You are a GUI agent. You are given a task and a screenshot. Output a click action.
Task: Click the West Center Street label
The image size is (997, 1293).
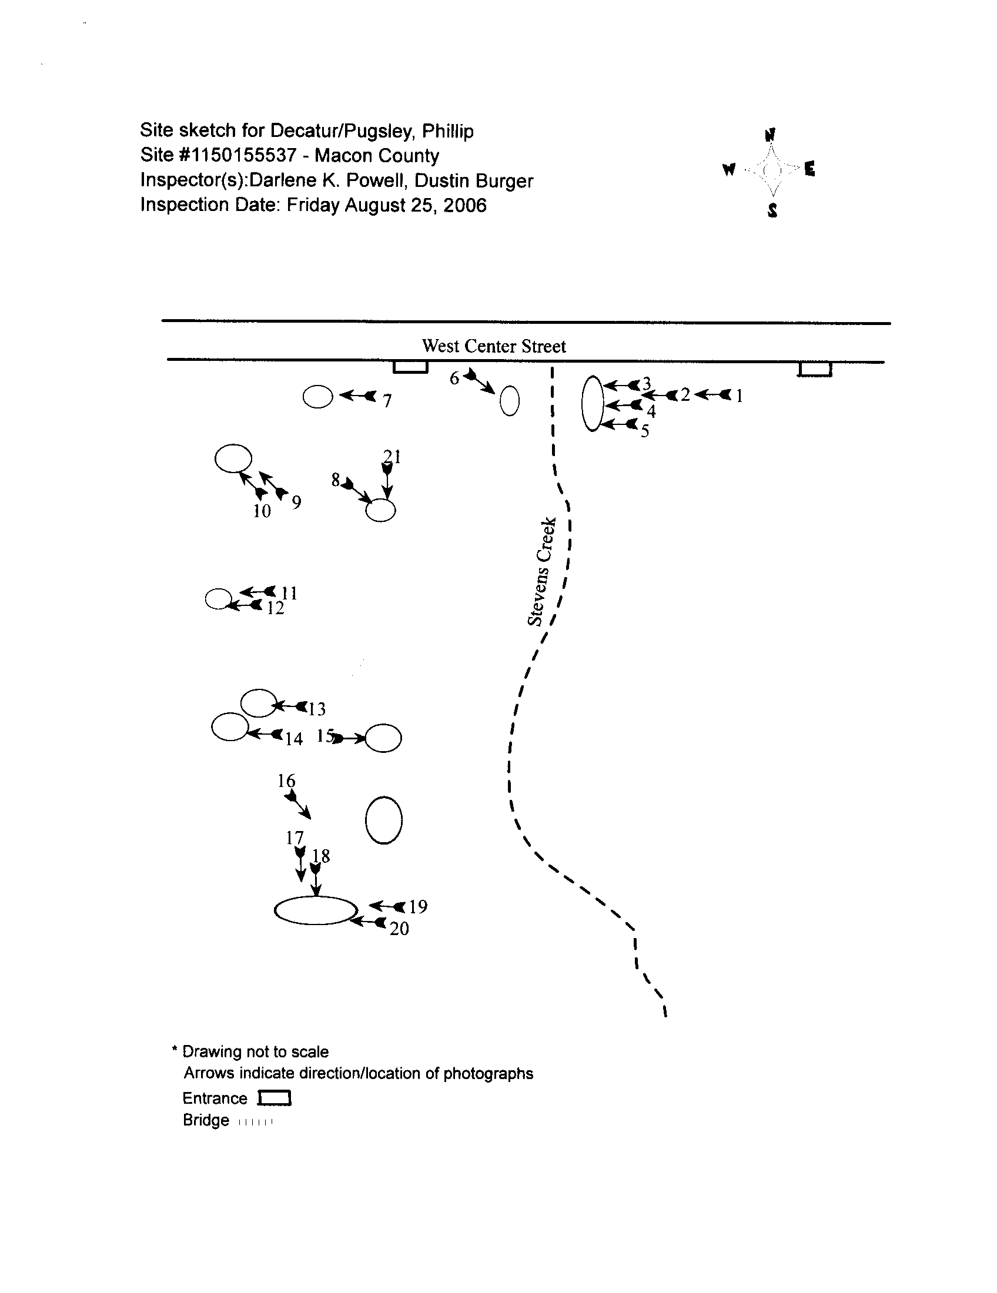[x=494, y=346]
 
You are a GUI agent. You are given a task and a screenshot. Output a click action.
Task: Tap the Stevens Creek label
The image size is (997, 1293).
[x=542, y=571]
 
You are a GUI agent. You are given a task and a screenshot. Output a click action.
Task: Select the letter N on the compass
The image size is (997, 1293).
[x=770, y=135]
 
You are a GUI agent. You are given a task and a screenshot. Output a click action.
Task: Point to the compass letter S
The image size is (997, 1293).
[x=772, y=210]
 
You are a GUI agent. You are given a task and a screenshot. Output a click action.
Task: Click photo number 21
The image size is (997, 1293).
[x=392, y=457]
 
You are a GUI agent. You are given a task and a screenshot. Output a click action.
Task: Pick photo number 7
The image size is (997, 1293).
[x=387, y=401]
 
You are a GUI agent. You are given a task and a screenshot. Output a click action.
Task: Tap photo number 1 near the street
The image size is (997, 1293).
[x=739, y=396]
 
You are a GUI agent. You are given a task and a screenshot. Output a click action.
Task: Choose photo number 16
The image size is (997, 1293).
[x=286, y=781]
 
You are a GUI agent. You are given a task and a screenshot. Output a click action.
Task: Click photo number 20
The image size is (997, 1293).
[x=399, y=928]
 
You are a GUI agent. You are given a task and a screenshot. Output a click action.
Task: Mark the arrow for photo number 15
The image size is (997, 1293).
[x=349, y=738]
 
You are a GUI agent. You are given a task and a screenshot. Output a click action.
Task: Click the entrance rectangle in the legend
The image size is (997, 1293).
[x=275, y=1098]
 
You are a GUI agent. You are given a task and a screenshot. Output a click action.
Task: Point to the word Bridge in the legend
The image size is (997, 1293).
[x=205, y=1120]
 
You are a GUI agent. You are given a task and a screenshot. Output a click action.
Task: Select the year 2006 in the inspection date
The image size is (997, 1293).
[x=465, y=206]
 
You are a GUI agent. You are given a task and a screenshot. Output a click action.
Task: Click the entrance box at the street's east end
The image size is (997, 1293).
[x=815, y=370]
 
